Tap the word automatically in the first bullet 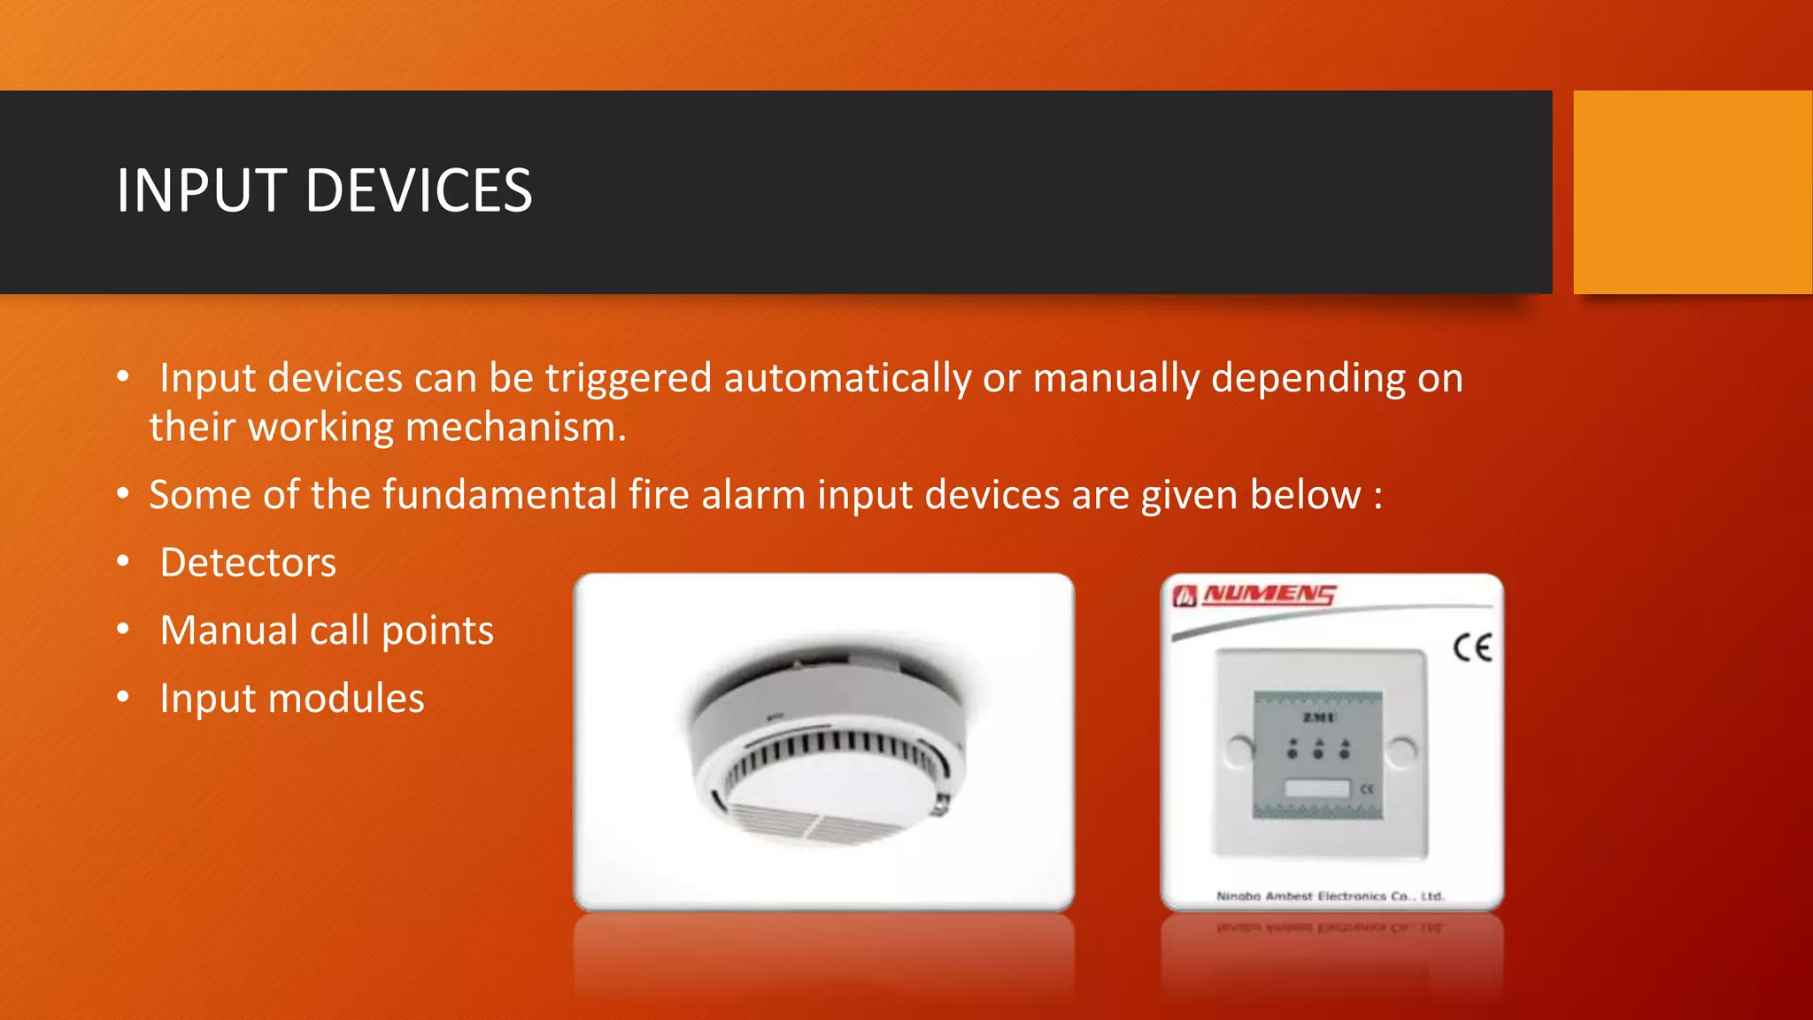(847, 379)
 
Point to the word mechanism (516, 428)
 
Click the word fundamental (499, 495)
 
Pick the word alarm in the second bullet (752, 495)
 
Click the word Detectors (248, 563)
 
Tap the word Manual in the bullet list (228, 630)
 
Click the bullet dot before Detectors (124, 561)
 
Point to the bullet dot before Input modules (124, 698)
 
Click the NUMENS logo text (1268, 594)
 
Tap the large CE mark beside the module (1472, 647)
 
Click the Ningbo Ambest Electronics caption (1330, 896)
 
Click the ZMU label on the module (1318, 716)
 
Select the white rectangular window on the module (1316, 787)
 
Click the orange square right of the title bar (1693, 191)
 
